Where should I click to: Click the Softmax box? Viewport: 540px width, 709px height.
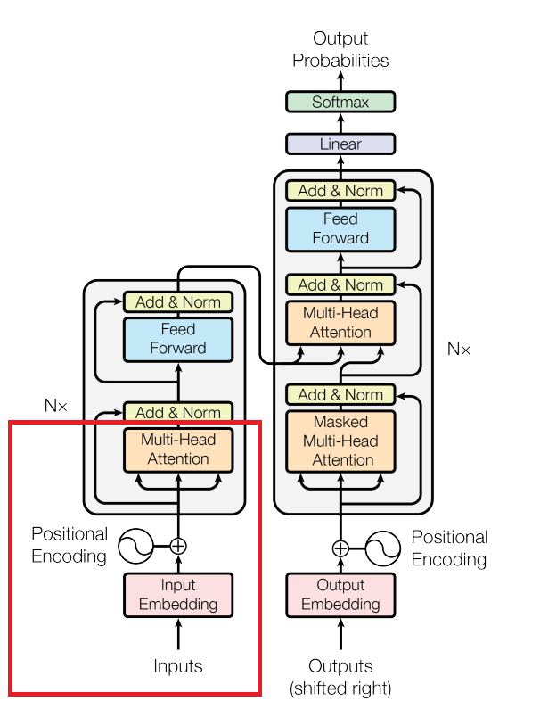[x=340, y=102]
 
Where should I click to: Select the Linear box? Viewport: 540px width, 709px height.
[x=340, y=144]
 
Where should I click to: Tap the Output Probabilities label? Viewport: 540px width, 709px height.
[x=340, y=50]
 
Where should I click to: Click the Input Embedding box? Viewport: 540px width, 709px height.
[x=178, y=595]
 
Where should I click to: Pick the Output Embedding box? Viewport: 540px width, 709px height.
[x=340, y=595]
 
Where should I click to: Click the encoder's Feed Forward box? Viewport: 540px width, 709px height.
[x=178, y=339]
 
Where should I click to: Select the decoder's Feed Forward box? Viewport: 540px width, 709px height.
[x=340, y=228]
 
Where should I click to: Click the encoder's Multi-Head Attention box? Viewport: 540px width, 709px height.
[x=178, y=449]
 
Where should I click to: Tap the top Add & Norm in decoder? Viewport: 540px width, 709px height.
[x=340, y=191]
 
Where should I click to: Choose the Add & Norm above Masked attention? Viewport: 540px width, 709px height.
[x=340, y=394]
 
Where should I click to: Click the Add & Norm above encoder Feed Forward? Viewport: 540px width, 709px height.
[x=178, y=302]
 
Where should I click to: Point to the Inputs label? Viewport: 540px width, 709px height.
[x=178, y=666]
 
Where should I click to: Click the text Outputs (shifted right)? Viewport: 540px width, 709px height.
[x=340, y=677]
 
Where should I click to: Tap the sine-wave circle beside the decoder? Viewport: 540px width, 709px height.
[x=382, y=548]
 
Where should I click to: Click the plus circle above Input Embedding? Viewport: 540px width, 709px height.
[x=178, y=546]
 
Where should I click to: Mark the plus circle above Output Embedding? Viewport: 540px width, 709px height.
[x=340, y=548]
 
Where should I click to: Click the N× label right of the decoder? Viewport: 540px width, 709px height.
[x=459, y=349]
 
